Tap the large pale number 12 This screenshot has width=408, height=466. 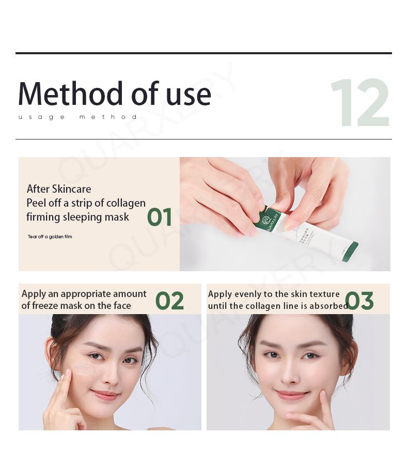point(359,103)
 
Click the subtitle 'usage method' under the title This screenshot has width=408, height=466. point(78,117)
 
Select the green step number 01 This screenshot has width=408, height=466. point(160,218)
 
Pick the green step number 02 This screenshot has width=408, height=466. point(169,301)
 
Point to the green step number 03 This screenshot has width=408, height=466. point(359,301)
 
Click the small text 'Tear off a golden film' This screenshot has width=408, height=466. point(50,237)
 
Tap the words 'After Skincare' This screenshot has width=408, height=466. point(59,189)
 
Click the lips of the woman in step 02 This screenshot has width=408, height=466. point(105,395)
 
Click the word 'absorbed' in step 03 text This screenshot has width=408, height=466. point(328,306)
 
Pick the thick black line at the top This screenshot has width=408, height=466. point(203,53)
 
